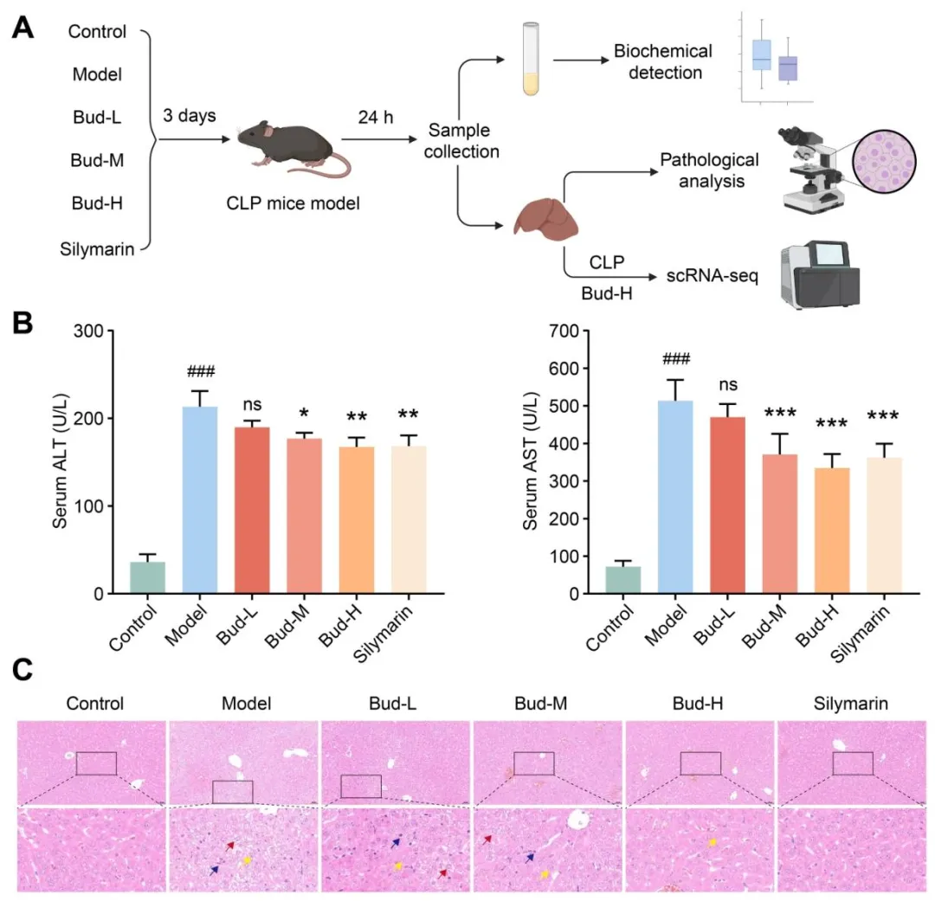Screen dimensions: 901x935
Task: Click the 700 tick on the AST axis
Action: tap(568, 331)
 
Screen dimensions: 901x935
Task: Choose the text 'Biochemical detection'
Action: tap(663, 61)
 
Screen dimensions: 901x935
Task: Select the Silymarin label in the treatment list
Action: tap(97, 250)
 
